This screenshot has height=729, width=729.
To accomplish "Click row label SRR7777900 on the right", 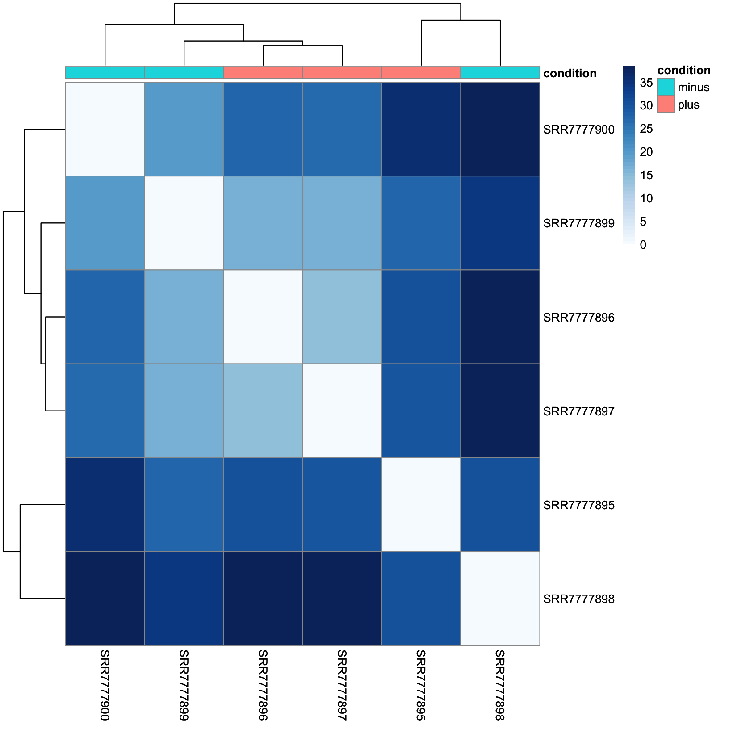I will [578, 130].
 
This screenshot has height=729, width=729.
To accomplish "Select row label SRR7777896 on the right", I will [578, 318].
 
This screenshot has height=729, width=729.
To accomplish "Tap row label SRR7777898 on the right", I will [578, 599].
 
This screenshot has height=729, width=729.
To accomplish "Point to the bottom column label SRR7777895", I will [421, 685].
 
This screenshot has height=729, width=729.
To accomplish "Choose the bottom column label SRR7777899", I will [184, 685].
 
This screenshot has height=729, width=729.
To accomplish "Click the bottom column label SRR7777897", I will [342, 685].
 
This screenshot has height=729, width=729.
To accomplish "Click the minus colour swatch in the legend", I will [666, 87].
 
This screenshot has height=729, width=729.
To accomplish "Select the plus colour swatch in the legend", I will [666, 104].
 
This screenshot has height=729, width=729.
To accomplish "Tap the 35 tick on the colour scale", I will [646, 83].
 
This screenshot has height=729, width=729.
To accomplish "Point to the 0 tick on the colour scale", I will [643, 245].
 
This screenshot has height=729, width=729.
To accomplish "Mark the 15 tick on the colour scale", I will [646, 175].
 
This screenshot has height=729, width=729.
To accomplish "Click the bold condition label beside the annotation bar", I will [570, 73].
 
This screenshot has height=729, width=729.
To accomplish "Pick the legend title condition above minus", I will [683, 70].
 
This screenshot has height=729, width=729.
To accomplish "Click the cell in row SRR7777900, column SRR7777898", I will [500, 129].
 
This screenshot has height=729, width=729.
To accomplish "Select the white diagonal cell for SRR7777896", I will [263, 317].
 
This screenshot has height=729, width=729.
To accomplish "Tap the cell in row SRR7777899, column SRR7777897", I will [342, 223].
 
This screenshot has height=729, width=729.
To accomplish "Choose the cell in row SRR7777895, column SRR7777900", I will [105, 505].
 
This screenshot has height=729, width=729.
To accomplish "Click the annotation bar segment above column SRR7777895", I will [421, 72].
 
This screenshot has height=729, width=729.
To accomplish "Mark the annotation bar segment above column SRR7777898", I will [500, 72].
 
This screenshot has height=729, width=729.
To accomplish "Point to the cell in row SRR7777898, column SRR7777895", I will [421, 599].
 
